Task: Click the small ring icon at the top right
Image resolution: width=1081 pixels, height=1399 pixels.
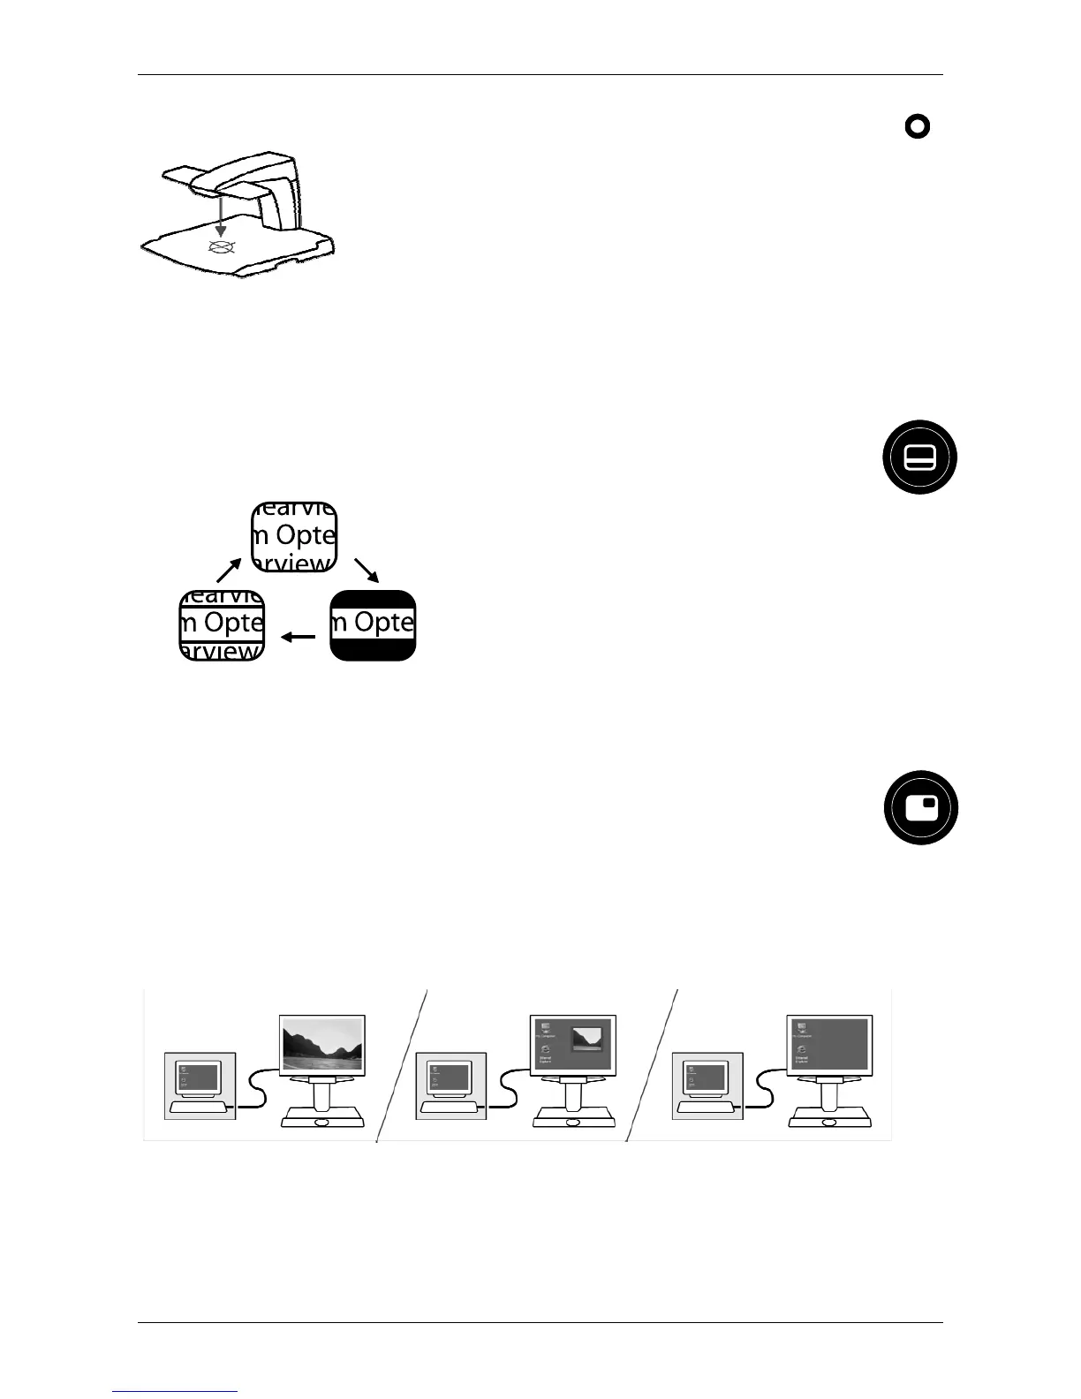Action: pyautogui.click(x=918, y=127)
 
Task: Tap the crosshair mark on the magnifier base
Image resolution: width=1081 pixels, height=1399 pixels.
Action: pyautogui.click(x=221, y=246)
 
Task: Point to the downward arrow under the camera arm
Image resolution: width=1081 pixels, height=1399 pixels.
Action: pyautogui.click(x=220, y=216)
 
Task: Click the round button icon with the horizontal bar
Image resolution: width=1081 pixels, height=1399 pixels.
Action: pyautogui.click(x=919, y=457)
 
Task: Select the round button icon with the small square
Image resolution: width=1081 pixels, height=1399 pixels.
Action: pyautogui.click(x=920, y=808)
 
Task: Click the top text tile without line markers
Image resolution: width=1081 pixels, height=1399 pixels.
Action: pyautogui.click(x=294, y=537)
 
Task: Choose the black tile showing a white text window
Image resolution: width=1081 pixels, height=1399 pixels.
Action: pyautogui.click(x=373, y=624)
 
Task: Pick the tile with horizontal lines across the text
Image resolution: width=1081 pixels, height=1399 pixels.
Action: pyautogui.click(x=222, y=624)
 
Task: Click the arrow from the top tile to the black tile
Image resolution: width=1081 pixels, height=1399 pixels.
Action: pyautogui.click(x=366, y=570)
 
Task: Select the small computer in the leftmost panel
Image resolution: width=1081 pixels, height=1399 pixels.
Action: pyautogui.click(x=200, y=1085)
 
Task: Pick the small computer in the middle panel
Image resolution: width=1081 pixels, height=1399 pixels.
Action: pyautogui.click(x=451, y=1085)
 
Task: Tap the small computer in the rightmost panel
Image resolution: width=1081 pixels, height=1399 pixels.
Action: pyautogui.click(x=707, y=1085)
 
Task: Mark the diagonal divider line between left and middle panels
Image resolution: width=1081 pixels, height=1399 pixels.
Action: pyautogui.click(x=403, y=1064)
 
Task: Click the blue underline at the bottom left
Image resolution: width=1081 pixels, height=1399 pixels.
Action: pyautogui.click(x=176, y=1391)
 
